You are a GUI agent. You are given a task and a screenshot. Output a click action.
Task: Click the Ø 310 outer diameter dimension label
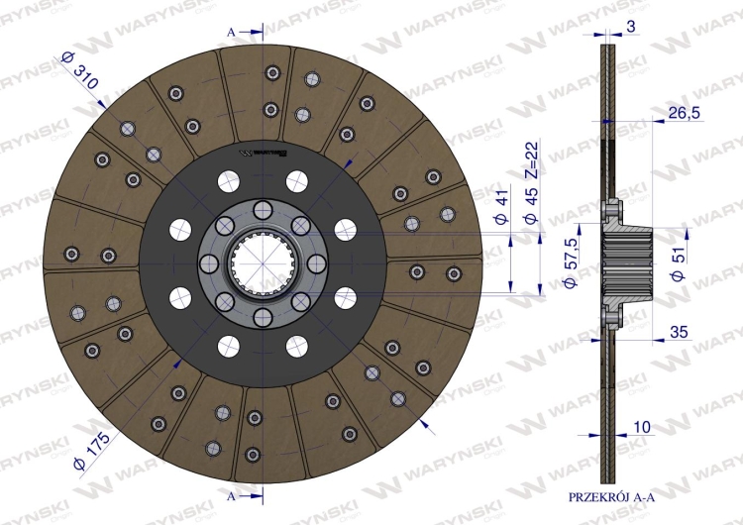(x=79, y=70)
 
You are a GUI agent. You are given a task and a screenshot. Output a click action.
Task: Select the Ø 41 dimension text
(x=502, y=206)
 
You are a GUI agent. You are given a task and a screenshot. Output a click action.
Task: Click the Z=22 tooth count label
(x=532, y=159)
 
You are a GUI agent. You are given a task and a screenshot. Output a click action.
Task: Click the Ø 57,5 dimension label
(x=571, y=262)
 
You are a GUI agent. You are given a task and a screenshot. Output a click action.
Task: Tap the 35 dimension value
(x=679, y=332)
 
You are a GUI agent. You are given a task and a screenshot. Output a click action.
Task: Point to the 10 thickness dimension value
(x=642, y=427)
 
